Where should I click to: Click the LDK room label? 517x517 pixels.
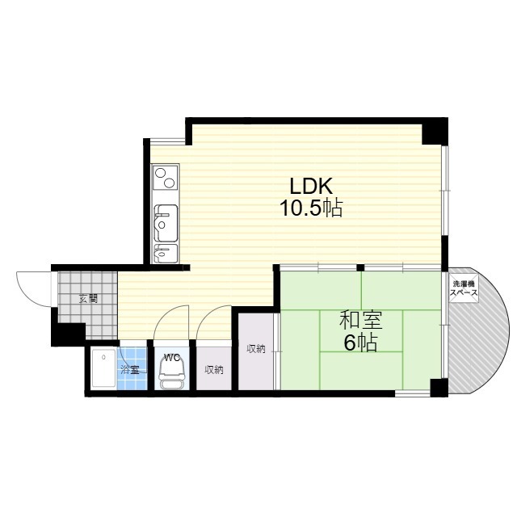pyautogui.click(x=311, y=186)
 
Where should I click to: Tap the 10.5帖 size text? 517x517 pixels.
pyautogui.click(x=311, y=208)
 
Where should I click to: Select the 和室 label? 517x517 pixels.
pyautogui.click(x=361, y=320)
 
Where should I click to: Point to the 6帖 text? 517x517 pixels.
pyautogui.click(x=360, y=343)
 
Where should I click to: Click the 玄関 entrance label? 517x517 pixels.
pyautogui.click(x=88, y=299)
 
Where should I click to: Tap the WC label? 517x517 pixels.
pyautogui.click(x=172, y=357)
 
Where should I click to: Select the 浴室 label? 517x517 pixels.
pyautogui.click(x=129, y=370)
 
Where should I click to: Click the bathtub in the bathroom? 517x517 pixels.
pyautogui.click(x=104, y=368)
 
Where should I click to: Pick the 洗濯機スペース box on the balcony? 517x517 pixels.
pyautogui.click(x=464, y=288)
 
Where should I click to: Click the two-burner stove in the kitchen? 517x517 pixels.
pyautogui.click(x=165, y=177)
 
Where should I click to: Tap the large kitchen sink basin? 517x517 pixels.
pyautogui.click(x=166, y=223)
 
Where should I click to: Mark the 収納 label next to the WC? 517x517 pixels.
pyautogui.click(x=214, y=370)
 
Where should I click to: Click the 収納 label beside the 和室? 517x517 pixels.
pyautogui.click(x=256, y=348)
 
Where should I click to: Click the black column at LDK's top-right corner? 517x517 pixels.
pyautogui.click(x=435, y=132)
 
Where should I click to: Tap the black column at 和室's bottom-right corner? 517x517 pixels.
pyautogui.click(x=439, y=388)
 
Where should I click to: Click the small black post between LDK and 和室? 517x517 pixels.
pyautogui.click(x=361, y=267)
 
